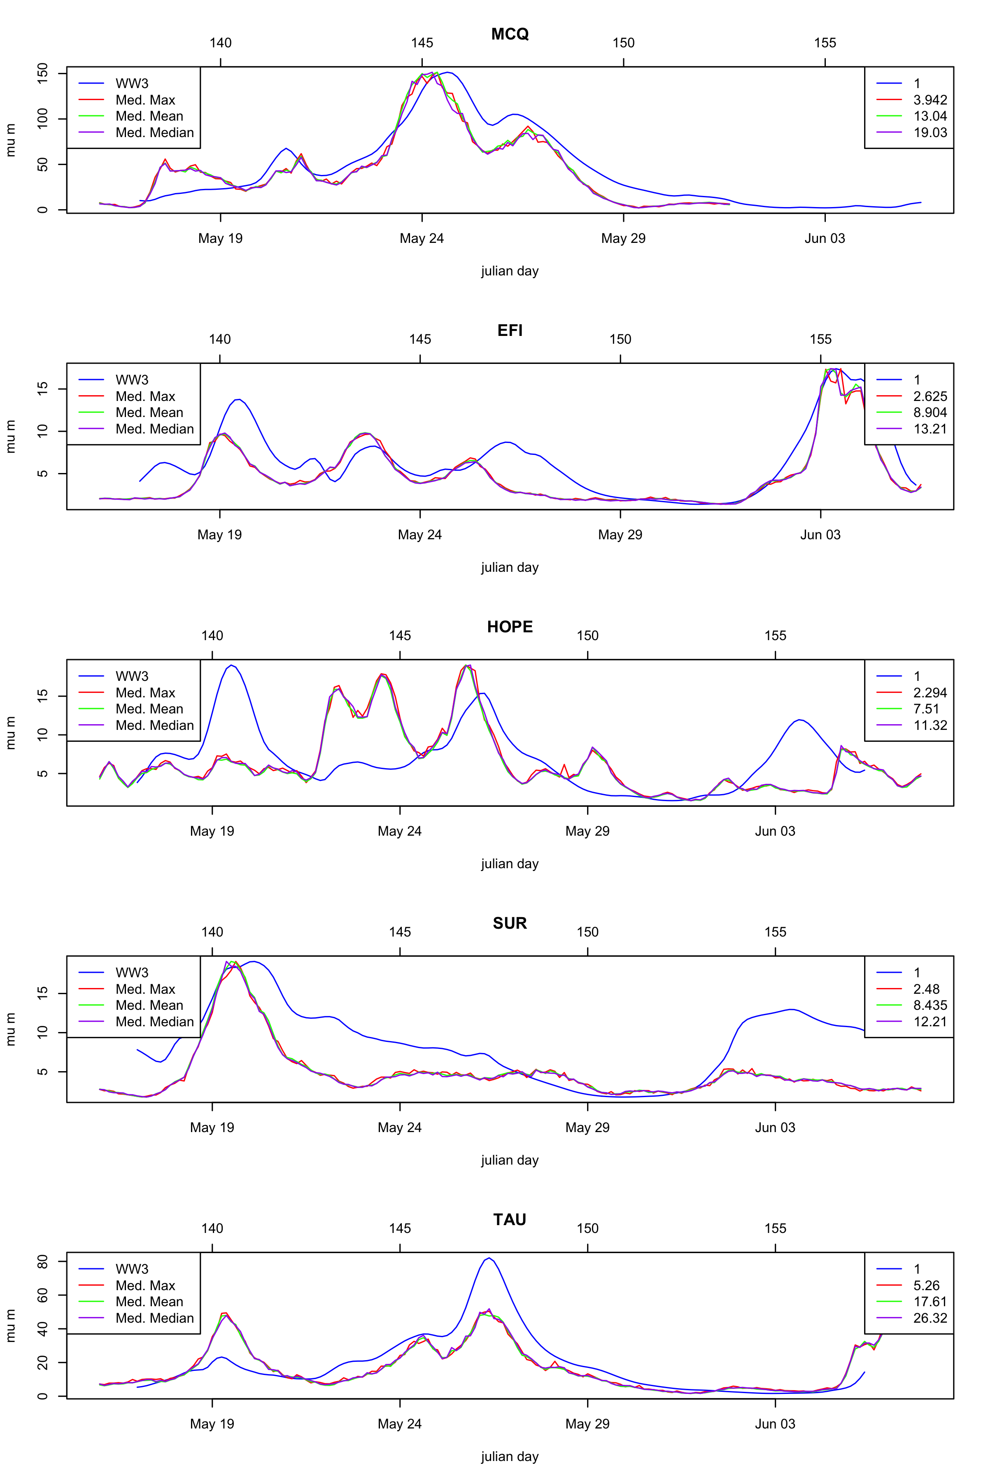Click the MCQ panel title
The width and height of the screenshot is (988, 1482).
510,34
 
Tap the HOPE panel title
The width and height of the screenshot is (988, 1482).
510,627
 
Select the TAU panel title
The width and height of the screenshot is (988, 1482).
510,1220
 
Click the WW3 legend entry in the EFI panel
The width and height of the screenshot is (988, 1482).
132,380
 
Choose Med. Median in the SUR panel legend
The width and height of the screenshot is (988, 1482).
154,1022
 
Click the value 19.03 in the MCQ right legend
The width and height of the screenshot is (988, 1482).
930,133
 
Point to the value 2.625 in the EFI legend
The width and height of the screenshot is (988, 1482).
930,396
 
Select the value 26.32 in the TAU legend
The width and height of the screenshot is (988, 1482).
930,1318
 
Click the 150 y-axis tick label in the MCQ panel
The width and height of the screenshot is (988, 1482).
43,74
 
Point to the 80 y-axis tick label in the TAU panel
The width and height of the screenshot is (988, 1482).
43,1261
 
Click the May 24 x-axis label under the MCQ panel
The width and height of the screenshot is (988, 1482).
422,239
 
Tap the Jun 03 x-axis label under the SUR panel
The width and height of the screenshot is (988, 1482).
775,1128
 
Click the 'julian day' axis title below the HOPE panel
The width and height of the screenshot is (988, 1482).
510,864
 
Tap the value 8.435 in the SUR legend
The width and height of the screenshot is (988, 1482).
930,1006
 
